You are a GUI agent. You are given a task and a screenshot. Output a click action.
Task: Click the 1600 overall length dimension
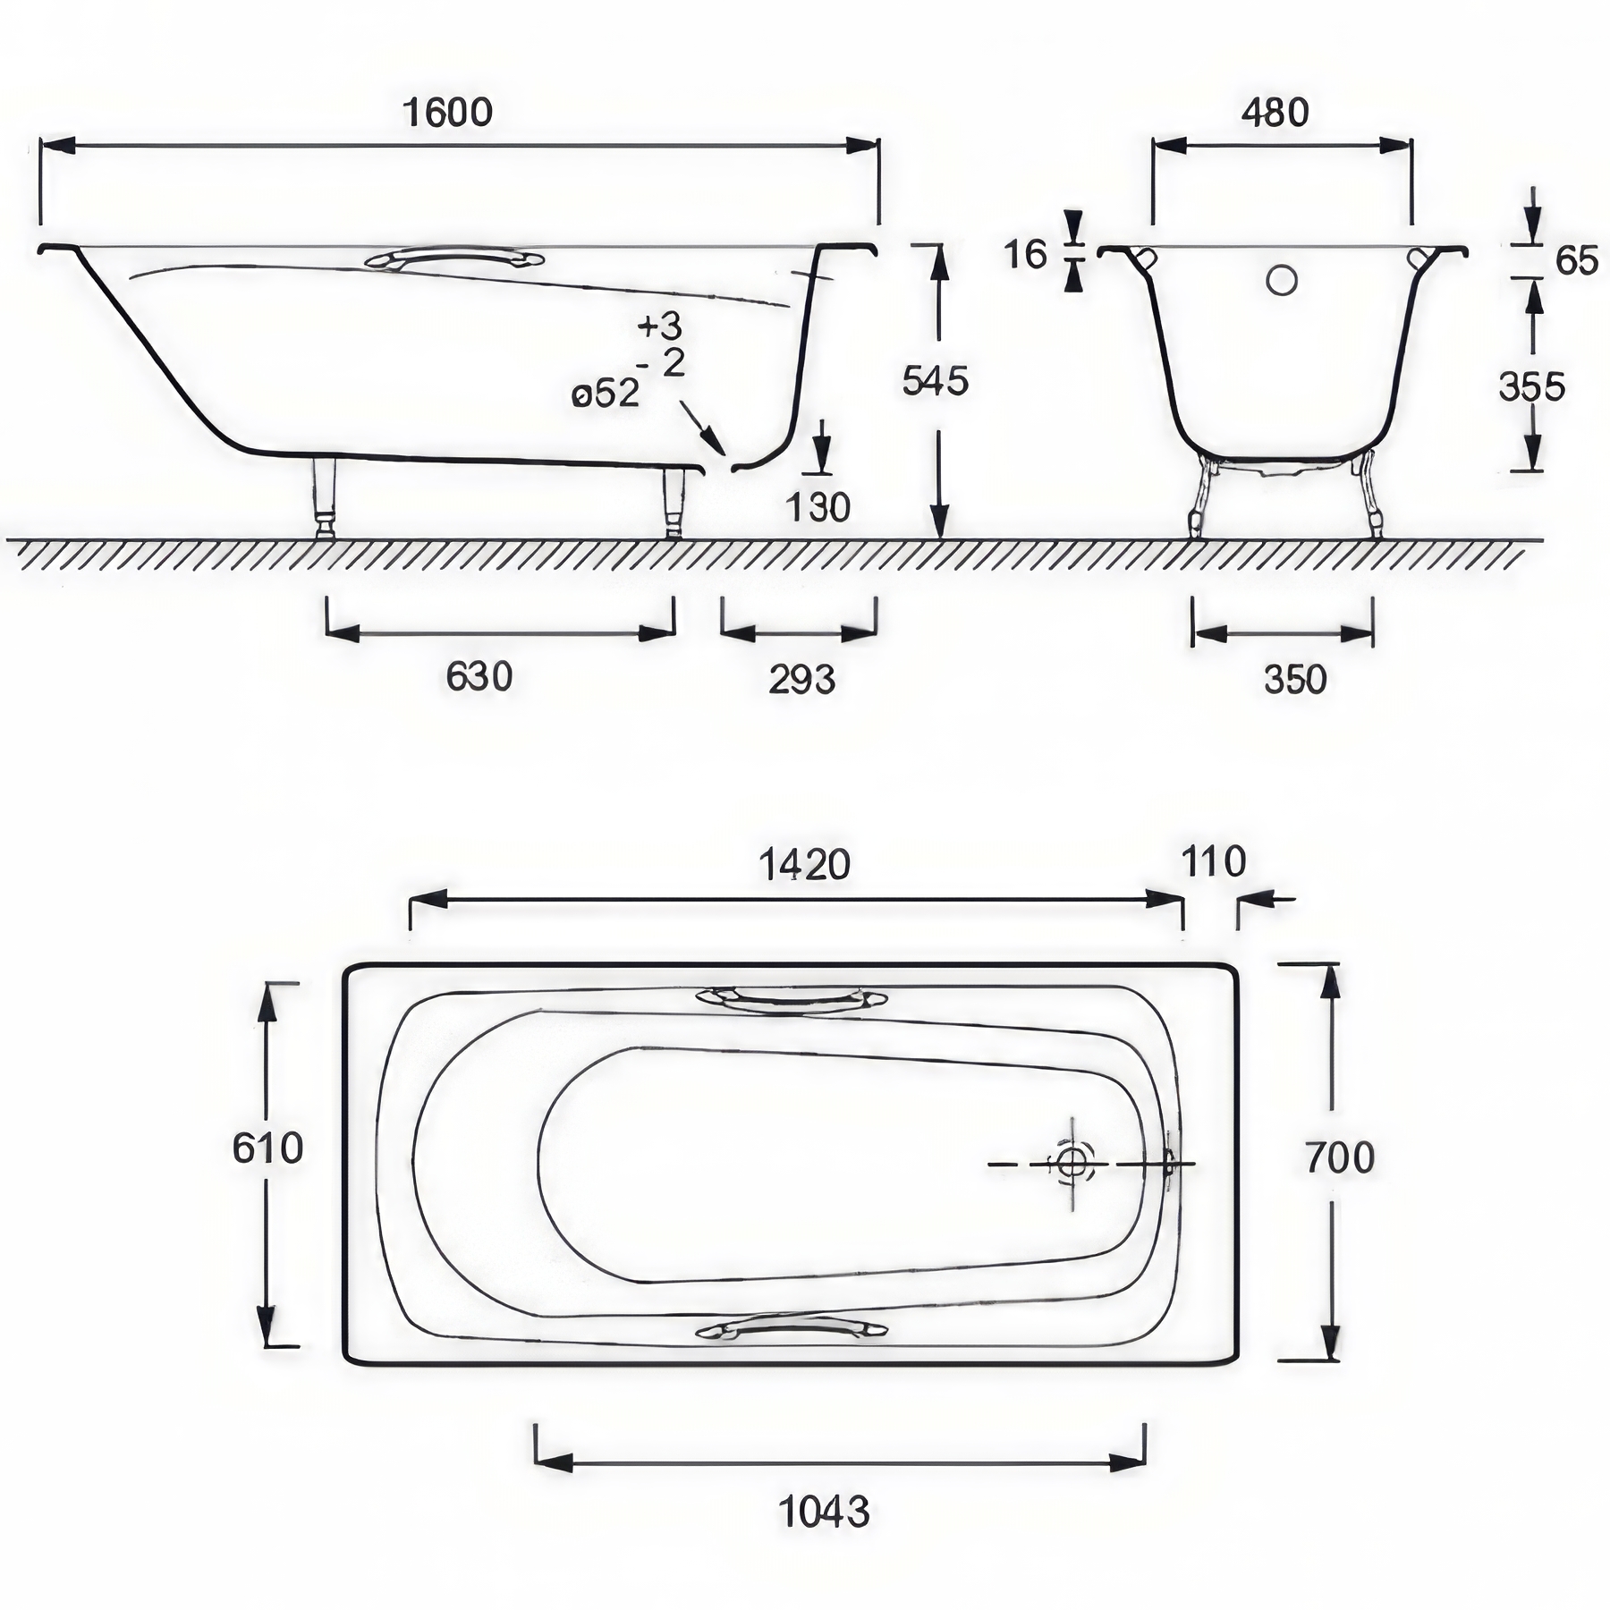447,113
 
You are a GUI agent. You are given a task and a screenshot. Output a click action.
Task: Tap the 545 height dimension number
936,381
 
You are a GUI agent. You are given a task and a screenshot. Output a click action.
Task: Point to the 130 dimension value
818,508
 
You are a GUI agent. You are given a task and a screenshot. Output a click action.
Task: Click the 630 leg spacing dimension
479,677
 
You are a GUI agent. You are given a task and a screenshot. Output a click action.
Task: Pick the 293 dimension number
802,680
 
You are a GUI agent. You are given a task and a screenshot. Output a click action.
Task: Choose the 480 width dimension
1275,113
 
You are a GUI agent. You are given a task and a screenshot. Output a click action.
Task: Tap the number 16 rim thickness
1025,255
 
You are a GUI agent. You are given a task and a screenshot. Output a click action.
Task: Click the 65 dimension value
1577,260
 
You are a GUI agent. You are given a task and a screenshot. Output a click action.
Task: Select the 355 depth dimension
1532,386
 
